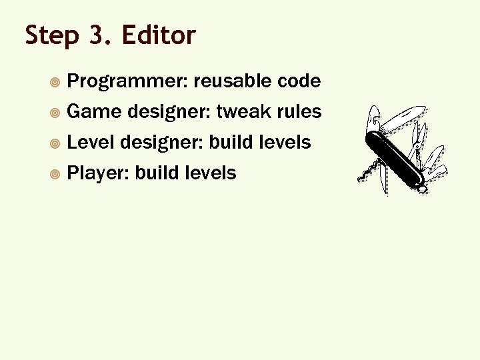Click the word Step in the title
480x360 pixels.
(52, 35)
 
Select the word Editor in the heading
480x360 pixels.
(159, 35)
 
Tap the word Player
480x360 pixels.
(99, 173)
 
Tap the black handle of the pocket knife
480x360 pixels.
(397, 157)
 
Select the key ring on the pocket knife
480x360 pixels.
(423, 189)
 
